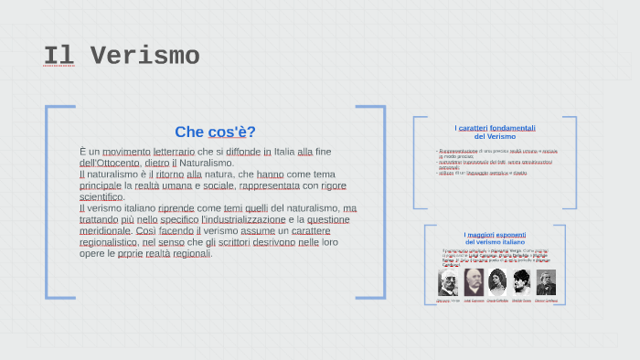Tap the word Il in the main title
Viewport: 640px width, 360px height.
coord(59,56)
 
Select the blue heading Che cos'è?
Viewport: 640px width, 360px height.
coord(215,132)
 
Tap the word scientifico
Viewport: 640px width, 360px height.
coord(101,196)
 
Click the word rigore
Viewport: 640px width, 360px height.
coord(334,185)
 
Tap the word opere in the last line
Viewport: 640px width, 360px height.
coord(92,253)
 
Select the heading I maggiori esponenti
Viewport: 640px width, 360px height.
coord(495,235)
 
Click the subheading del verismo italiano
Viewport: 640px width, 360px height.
coord(495,242)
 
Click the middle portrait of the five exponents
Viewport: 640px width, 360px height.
coord(497,281)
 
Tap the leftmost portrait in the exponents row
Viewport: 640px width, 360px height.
coord(448,281)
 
